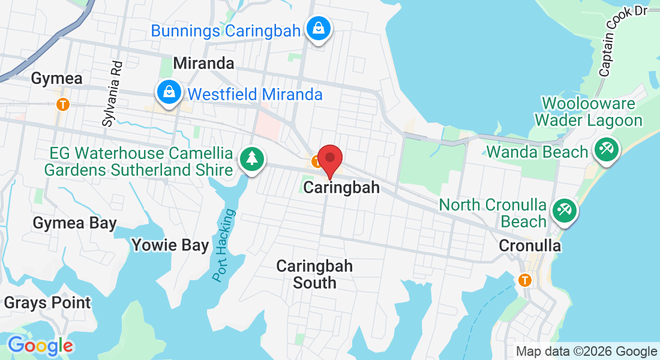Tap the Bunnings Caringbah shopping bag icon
319,28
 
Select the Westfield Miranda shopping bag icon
170,92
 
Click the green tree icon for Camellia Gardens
252,160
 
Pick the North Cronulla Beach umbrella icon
564,211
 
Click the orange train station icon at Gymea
62,104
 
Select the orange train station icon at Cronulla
525,280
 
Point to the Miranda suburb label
203,63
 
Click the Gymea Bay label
74,223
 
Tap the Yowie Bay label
170,245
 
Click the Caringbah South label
314,274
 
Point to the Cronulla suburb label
530,245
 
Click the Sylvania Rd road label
112,93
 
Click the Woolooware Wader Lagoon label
588,112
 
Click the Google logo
40,346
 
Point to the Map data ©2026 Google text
586,352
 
